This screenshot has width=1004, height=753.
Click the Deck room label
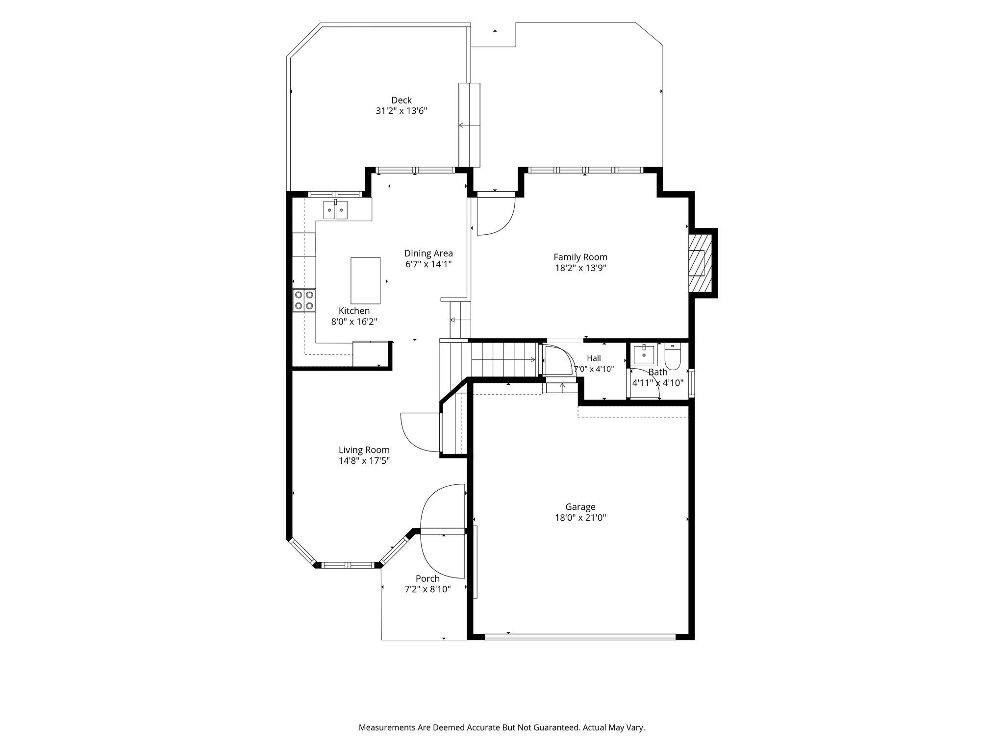point(401,100)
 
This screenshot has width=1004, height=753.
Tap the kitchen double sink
point(335,210)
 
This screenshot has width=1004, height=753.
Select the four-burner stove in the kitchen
point(304,301)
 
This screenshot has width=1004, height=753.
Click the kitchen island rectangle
point(365,280)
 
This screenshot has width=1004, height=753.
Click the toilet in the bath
point(673,357)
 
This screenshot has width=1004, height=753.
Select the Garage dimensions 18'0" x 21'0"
point(580,518)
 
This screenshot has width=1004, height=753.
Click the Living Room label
point(364,450)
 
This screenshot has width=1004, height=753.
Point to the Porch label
point(427,578)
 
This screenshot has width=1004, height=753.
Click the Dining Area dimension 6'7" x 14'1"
point(428,264)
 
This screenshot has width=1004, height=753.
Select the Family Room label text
point(580,257)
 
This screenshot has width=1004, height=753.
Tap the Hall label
point(594,358)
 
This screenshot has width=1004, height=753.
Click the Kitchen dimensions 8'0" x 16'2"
point(354,322)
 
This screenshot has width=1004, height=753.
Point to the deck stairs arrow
point(469,125)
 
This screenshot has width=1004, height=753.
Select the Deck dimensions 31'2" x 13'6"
point(402,111)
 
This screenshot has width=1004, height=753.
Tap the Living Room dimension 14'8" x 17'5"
point(364,461)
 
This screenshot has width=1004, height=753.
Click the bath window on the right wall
point(692,382)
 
